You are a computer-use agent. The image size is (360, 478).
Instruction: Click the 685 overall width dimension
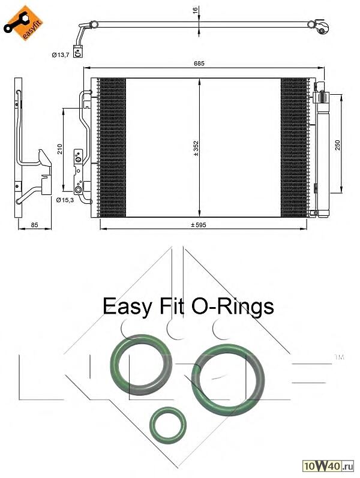coord(206,64)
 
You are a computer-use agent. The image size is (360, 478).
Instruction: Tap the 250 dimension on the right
coord(338,145)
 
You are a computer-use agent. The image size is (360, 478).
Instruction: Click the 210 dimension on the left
coord(59,148)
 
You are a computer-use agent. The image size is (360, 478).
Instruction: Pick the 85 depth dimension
coord(34,225)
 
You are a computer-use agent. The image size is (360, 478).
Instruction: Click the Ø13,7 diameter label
coord(61,55)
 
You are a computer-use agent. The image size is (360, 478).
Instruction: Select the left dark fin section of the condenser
coord(112,148)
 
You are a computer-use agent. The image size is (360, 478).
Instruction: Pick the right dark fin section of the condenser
coord(294,148)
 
